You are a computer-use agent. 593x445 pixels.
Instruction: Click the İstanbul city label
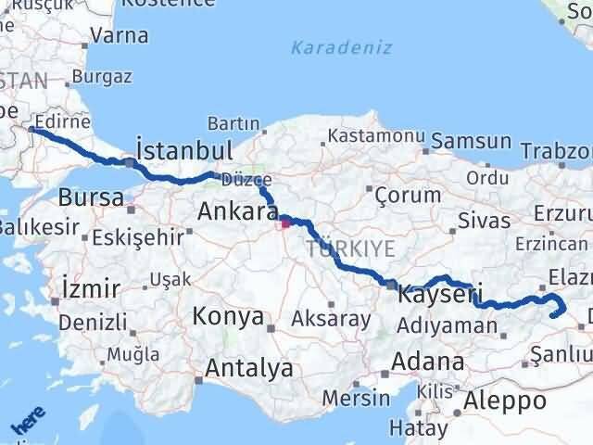[183, 150]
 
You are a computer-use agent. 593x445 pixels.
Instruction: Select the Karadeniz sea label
[341, 48]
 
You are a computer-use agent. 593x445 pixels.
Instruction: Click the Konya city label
[228, 316]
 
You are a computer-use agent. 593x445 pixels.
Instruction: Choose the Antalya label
[249, 368]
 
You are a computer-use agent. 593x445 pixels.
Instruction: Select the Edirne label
[64, 121]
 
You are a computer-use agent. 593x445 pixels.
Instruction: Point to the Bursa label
[91, 197]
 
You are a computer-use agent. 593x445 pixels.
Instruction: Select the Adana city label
[427, 361]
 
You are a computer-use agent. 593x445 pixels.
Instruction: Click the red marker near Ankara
[285, 222]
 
